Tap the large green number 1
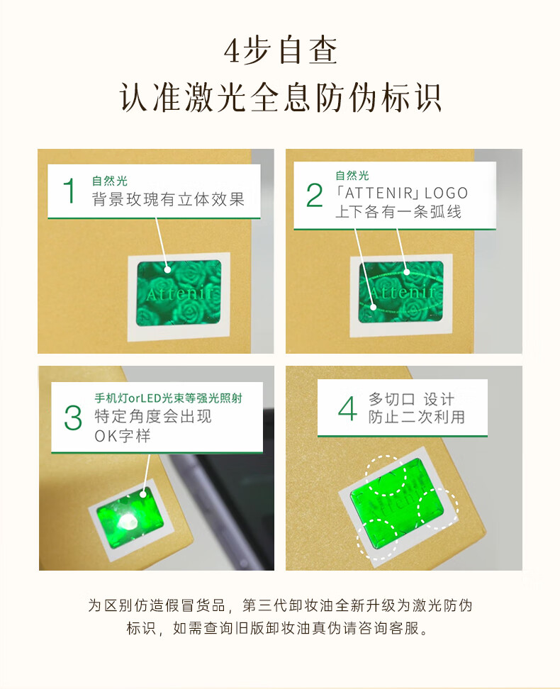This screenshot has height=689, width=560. pos(69,191)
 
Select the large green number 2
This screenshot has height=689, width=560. pos(314,195)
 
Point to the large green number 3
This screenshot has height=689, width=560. pos(73,418)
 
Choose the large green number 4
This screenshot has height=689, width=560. pos(347,408)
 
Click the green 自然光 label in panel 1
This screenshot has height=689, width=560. pos(109,181)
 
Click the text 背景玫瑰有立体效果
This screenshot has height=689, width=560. pos(168,199)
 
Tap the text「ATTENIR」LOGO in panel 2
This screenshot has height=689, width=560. pos(401,193)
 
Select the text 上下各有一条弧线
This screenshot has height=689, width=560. pos(398,212)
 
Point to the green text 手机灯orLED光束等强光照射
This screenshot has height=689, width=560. pos(168,398)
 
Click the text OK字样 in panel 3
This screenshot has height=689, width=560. pos(123,435)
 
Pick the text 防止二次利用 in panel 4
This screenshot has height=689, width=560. pos(417,417)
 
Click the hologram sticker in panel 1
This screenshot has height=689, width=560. pos(179,293)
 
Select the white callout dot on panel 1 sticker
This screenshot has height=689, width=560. pos(167,270)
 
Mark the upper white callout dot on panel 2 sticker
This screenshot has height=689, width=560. pos(407,272)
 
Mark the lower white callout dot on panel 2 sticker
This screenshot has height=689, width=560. pos(373,308)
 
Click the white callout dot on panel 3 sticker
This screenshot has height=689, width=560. pos(143,494)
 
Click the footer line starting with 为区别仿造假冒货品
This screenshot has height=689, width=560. pos(280,605)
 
